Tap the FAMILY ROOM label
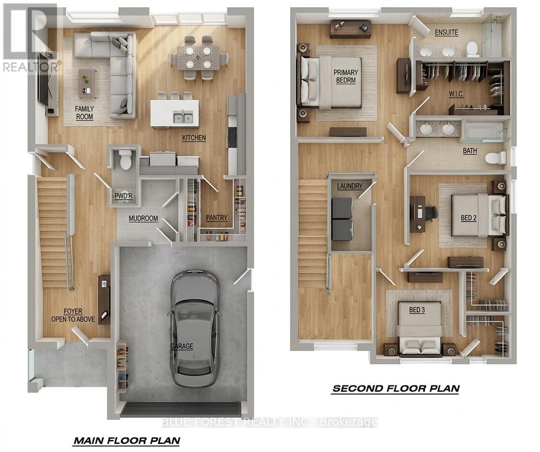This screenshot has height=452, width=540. click(x=84, y=113)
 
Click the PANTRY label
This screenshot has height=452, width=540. click(x=216, y=218)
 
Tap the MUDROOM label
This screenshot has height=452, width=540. click(x=143, y=218)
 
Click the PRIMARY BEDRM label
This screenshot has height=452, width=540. click(x=346, y=77)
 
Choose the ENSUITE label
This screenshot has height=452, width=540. click(x=446, y=33)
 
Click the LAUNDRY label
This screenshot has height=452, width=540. click(x=350, y=186)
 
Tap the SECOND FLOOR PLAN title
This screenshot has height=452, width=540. click(x=395, y=388)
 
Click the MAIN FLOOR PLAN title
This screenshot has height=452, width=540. click(x=126, y=440)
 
